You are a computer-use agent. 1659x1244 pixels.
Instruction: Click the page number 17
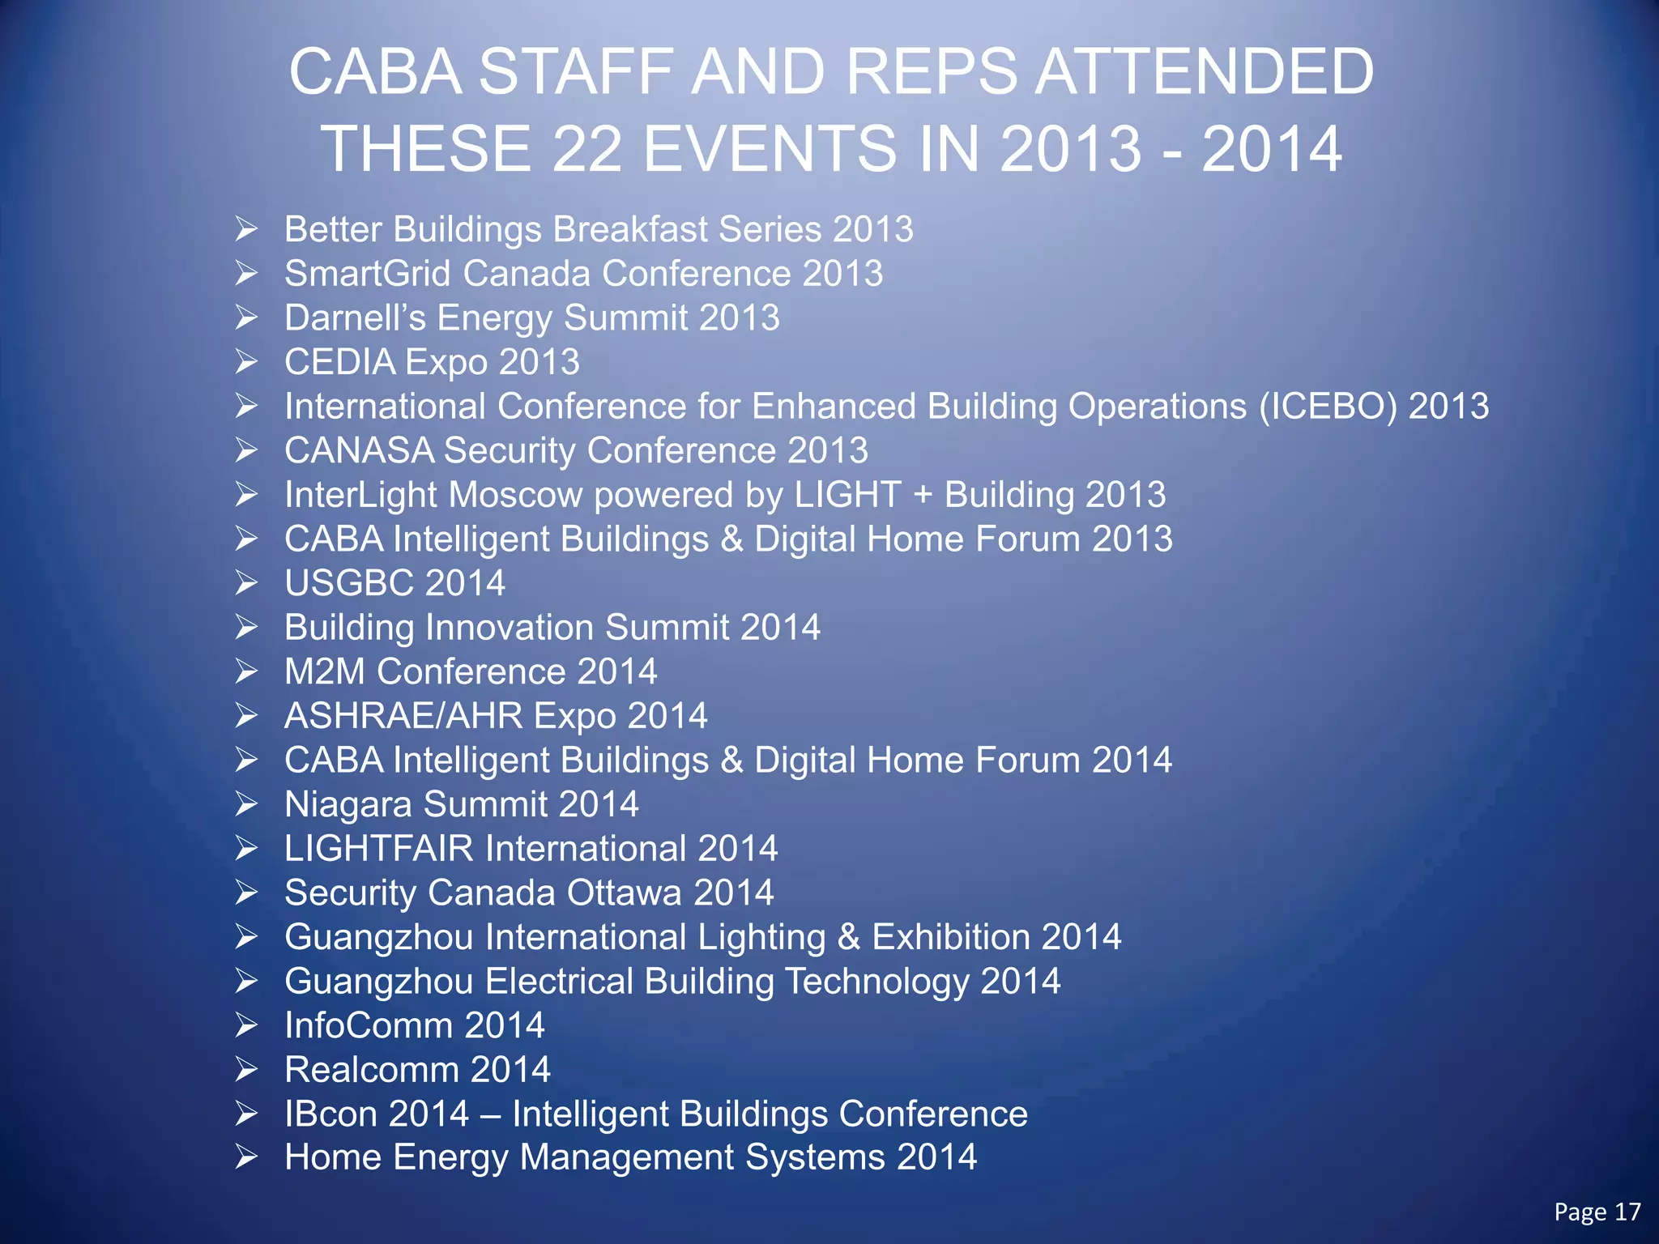click(1627, 1212)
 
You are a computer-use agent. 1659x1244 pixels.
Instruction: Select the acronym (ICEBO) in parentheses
click(1328, 407)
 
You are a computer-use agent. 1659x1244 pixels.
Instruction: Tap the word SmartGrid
click(367, 274)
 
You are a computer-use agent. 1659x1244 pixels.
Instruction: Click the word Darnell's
click(355, 318)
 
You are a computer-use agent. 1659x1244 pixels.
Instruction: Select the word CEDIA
click(340, 362)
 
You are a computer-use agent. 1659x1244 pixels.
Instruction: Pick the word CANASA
click(359, 451)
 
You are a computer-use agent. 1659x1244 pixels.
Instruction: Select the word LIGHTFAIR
click(378, 849)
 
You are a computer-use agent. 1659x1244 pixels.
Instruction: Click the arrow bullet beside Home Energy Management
click(246, 1157)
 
